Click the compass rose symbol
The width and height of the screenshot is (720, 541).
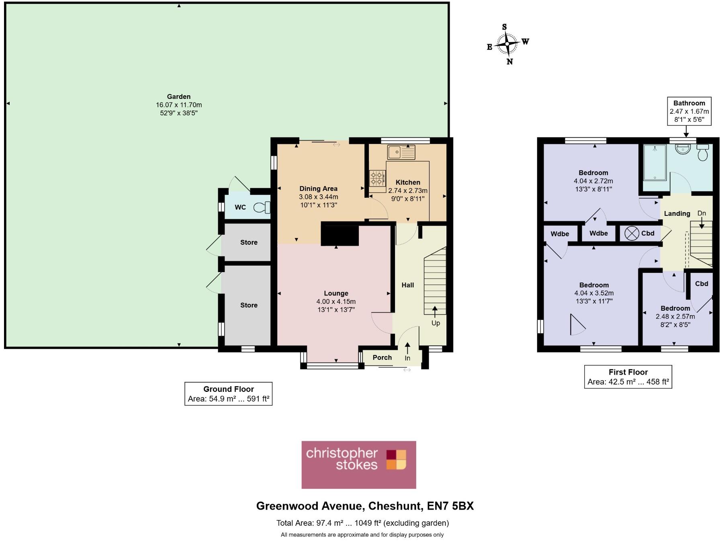click(x=507, y=44)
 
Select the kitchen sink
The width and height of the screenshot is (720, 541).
click(x=401, y=152)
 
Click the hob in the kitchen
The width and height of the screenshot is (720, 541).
click(x=377, y=178)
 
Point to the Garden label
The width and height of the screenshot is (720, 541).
click(x=179, y=96)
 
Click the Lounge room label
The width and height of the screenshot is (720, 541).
click(x=336, y=293)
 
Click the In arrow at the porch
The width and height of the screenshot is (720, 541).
click(x=407, y=348)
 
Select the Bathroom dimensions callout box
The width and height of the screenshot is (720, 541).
click(x=689, y=111)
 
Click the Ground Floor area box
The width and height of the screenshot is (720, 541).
click(x=228, y=394)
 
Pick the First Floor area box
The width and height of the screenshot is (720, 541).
click(x=628, y=377)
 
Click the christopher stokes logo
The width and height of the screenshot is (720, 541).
click(x=359, y=465)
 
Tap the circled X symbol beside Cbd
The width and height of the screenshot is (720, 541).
click(x=632, y=234)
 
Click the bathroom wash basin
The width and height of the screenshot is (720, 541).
click(x=683, y=149)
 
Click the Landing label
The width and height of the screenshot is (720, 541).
click(x=677, y=213)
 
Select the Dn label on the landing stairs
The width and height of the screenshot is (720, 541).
click(x=702, y=213)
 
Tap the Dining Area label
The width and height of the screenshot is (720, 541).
click(x=318, y=189)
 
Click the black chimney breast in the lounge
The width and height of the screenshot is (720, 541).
click(x=340, y=235)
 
